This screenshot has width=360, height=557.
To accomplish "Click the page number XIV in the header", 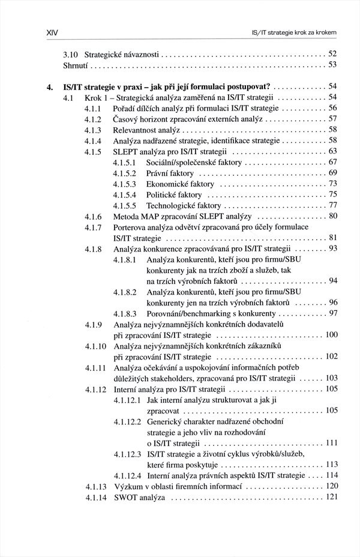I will pos(43,31).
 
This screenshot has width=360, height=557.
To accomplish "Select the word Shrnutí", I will pos(76,64).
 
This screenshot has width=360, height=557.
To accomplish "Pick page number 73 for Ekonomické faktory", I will pos(332,184).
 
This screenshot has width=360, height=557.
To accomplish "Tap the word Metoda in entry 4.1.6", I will pos(127,216).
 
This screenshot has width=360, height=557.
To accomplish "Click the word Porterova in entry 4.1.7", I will pos(132,227).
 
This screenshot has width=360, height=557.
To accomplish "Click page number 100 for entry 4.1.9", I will pos(331,335).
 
